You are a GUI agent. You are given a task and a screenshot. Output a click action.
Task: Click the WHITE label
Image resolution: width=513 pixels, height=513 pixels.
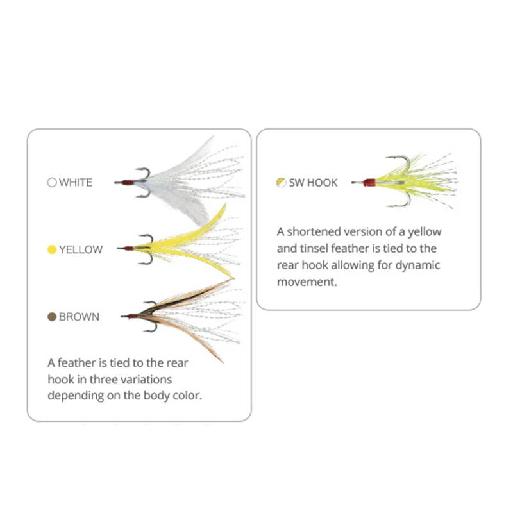click(x=76, y=182)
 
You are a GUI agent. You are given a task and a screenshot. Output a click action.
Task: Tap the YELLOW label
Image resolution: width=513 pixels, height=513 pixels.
click(x=80, y=249)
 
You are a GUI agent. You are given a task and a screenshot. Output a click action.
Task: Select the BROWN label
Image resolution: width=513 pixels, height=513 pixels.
click(x=79, y=317)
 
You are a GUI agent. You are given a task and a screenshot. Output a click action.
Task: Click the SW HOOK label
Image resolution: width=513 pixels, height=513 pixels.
click(x=313, y=183)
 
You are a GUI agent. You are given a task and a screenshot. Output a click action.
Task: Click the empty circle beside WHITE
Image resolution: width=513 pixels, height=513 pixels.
click(x=52, y=182)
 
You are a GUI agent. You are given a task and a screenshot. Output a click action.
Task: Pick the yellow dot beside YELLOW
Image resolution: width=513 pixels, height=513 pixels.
click(x=52, y=249)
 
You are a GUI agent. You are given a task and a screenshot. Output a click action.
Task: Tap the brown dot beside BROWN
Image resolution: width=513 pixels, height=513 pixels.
click(x=52, y=317)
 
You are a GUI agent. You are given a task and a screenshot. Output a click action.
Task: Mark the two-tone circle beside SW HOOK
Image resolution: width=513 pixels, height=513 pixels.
click(x=281, y=183)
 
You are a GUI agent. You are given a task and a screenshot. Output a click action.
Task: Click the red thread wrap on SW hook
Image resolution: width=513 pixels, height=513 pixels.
click(x=368, y=183)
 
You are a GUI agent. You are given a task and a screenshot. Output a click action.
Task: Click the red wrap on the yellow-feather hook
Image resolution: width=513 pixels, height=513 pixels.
click(x=130, y=248)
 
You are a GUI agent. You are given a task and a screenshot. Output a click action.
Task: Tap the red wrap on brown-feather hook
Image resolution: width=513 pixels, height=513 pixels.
click(x=131, y=316)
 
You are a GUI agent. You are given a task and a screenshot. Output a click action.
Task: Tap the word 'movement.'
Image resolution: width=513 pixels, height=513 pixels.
click(x=307, y=282)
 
